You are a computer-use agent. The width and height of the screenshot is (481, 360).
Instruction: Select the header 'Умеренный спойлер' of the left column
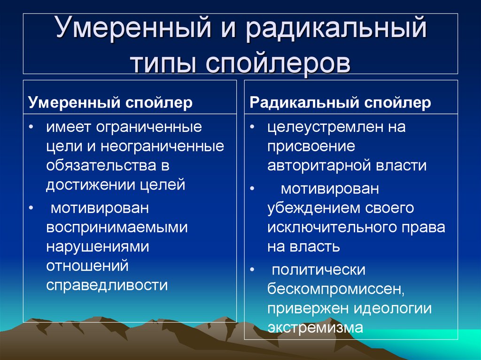110,103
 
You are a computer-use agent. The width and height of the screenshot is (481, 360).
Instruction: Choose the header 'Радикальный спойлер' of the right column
340,103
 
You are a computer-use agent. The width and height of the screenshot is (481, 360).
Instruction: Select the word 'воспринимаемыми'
117,227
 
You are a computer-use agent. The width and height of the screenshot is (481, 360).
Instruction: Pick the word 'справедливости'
107,285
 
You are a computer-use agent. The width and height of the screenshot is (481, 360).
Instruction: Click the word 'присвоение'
311,147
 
